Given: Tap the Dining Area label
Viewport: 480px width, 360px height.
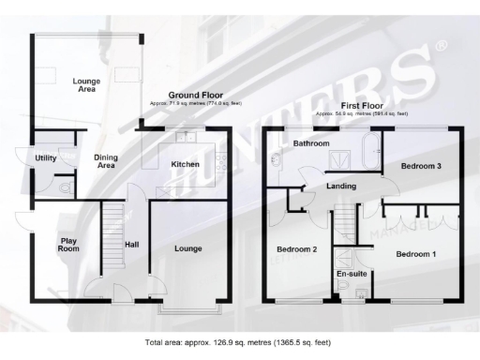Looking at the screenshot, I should (x=106, y=161).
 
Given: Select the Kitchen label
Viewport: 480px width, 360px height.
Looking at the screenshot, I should (x=185, y=165).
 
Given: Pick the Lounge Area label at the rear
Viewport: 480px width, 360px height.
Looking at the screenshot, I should (x=86, y=85).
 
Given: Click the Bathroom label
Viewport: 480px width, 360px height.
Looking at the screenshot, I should (x=310, y=144).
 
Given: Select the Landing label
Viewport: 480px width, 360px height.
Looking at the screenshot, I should (x=340, y=186).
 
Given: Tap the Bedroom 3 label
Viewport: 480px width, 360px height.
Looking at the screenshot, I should (x=421, y=166).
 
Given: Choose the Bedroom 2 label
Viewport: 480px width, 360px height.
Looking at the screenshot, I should (x=295, y=249).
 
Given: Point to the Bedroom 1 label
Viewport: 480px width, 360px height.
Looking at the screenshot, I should (x=415, y=254).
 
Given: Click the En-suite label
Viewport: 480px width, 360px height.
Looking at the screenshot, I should (x=351, y=273).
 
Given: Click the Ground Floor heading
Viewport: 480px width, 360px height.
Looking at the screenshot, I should (x=195, y=95).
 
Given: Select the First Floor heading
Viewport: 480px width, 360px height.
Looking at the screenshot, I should (x=363, y=106).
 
